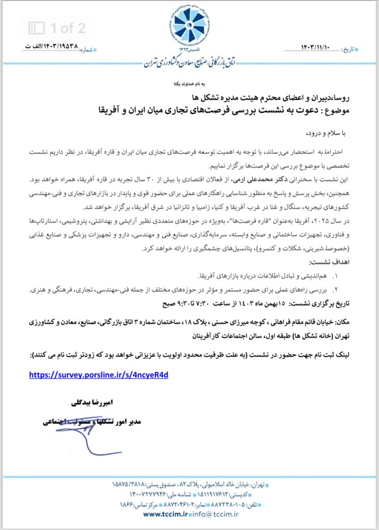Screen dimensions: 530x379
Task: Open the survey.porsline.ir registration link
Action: tap(98, 375)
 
